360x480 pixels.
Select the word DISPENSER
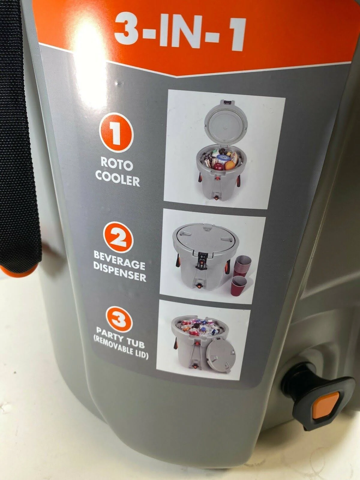[x=120, y=273]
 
